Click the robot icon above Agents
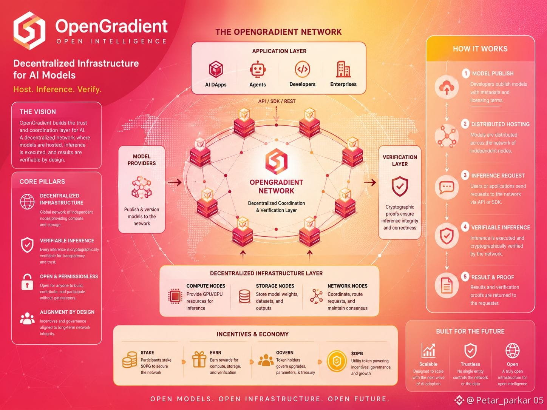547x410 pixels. point(258,69)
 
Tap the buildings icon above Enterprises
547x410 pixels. point(343,69)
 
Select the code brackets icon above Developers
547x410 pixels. point(302,69)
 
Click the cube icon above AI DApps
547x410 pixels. point(216,69)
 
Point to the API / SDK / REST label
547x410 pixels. point(277,101)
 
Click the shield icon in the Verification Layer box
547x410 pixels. point(400,186)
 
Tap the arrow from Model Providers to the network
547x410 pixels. point(175,182)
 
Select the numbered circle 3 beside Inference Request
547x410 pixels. point(465,175)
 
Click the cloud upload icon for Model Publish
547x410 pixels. point(447,87)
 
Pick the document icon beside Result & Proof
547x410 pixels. point(447,285)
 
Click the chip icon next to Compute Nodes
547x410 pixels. point(175,296)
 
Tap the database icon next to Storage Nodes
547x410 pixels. point(244,296)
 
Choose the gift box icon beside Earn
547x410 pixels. point(199,359)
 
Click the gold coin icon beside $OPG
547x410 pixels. point(337,361)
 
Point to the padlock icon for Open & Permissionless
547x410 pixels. point(27,282)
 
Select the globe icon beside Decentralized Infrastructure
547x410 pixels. point(27,202)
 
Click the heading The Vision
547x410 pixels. point(38,112)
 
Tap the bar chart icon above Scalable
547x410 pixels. point(428,350)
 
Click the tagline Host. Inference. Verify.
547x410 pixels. point(57,89)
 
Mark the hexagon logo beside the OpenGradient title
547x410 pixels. point(29,30)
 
